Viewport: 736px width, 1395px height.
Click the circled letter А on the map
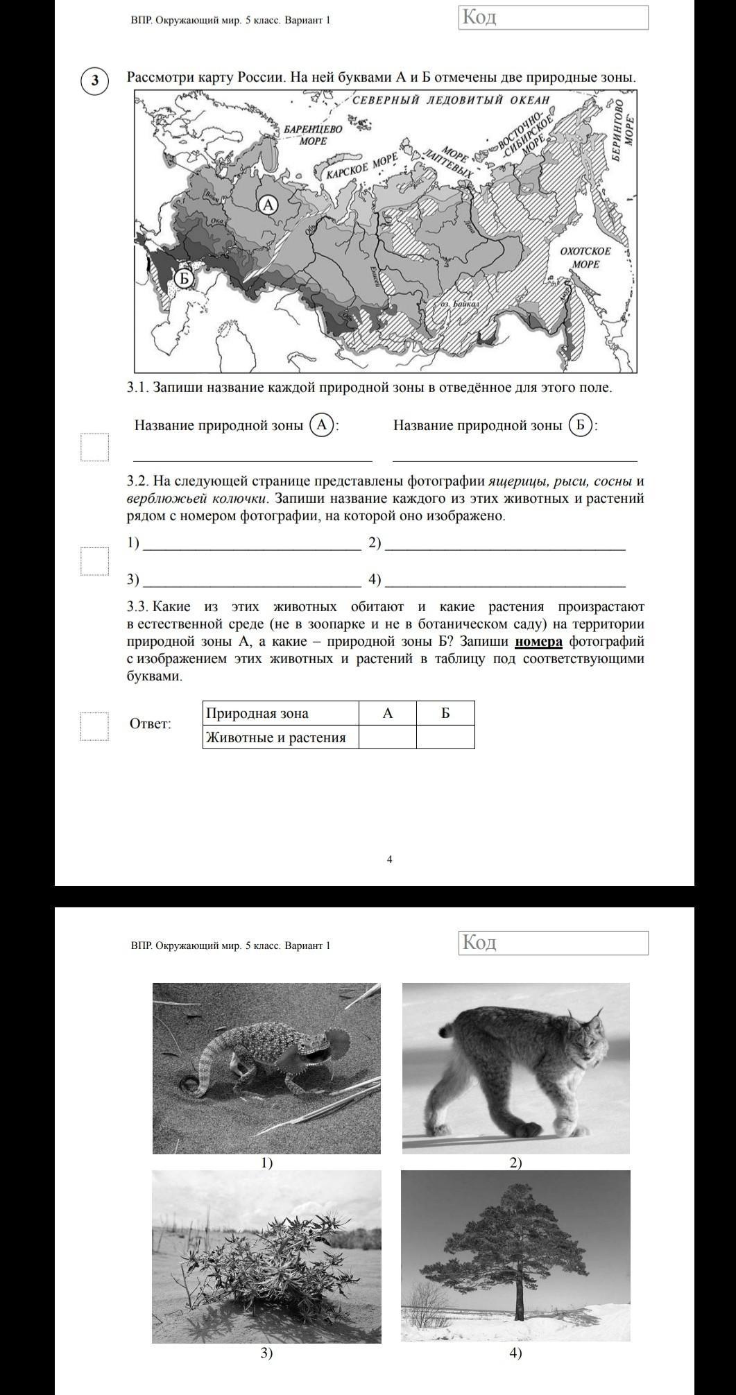(268, 205)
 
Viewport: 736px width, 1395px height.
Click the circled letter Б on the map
(182, 277)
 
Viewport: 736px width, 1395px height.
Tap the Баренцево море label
(313, 135)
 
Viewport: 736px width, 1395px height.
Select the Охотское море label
(585, 257)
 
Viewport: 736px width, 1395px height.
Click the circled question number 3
(95, 80)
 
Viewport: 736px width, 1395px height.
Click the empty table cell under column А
(388, 737)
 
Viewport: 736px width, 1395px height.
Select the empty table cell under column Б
(445, 737)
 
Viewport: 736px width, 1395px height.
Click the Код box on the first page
(553, 17)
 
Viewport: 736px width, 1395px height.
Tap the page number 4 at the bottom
(389, 859)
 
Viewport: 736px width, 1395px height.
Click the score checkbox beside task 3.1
(94, 447)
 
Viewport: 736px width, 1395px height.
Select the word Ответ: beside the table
(150, 724)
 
